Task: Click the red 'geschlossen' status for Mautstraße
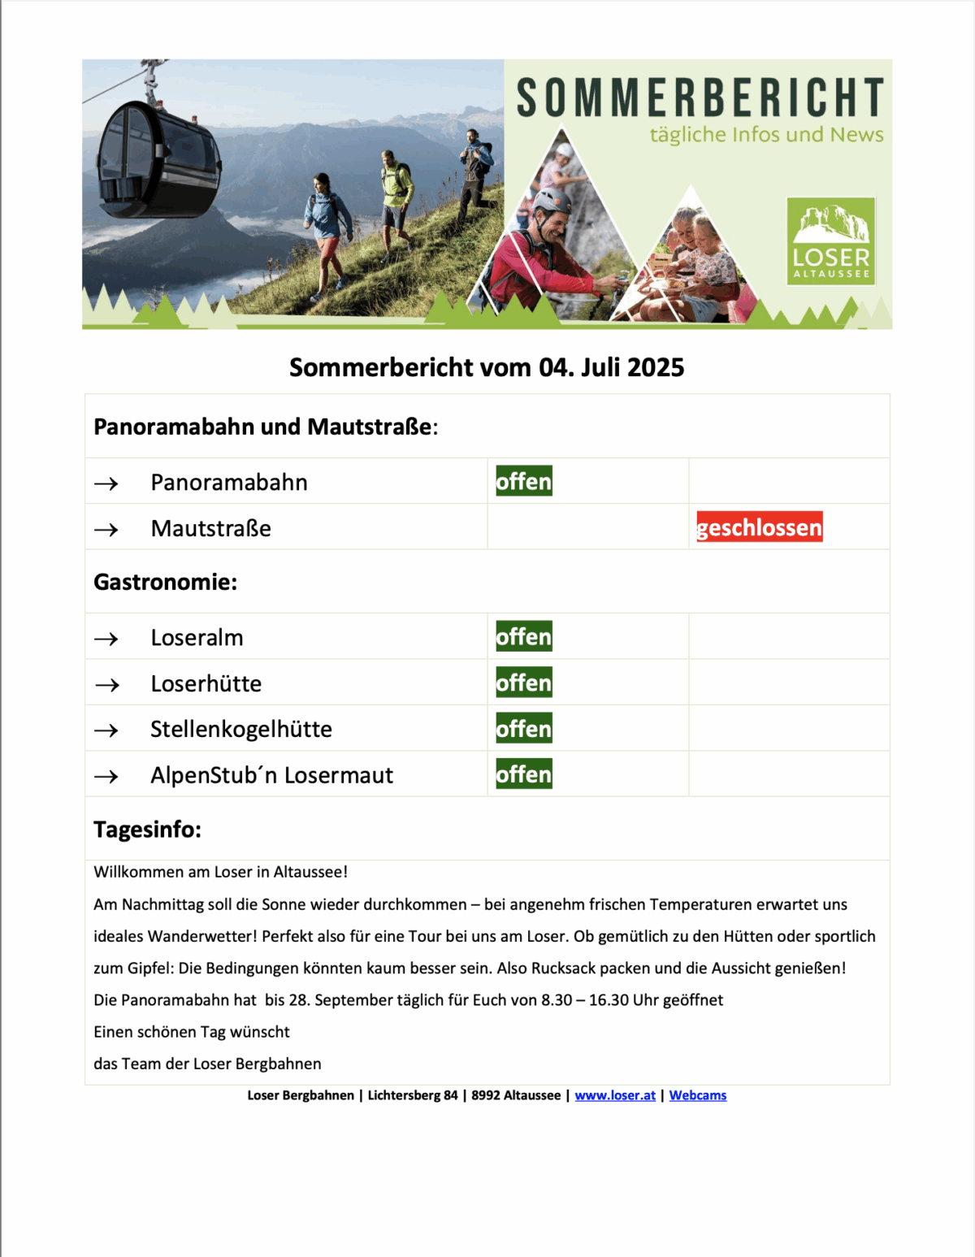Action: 759,527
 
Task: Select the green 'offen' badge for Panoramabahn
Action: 524,481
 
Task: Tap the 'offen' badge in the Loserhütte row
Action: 524,683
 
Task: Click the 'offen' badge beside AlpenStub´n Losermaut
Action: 524,774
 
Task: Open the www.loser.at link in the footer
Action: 615,1095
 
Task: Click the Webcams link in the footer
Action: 698,1095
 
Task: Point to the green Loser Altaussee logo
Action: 830,241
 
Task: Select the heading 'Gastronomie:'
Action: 166,582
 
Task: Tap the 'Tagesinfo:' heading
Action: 147,830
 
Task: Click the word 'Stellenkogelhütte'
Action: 241,729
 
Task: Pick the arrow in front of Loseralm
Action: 106,639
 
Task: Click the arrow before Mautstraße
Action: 106,530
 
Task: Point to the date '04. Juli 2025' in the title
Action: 611,367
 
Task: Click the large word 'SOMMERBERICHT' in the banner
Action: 700,98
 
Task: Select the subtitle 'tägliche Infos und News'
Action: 766,135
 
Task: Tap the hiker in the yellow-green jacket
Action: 396,195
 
